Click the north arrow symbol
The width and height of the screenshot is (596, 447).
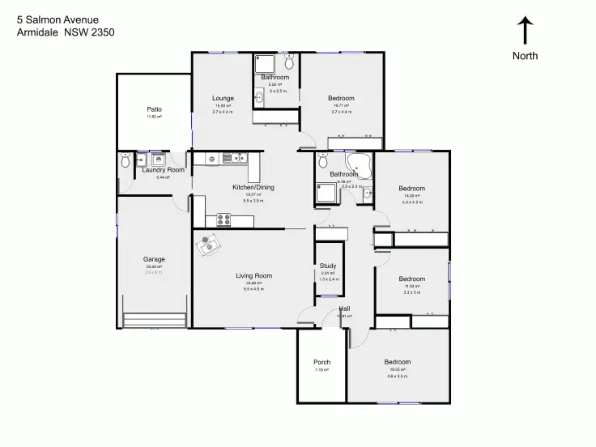pyautogui.click(x=525, y=31)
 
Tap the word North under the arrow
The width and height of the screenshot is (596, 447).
pyautogui.click(x=525, y=56)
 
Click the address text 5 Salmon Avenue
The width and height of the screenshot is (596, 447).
pyautogui.click(x=52, y=19)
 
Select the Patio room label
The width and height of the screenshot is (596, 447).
pyautogui.click(x=154, y=109)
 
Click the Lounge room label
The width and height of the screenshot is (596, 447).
pyautogui.click(x=223, y=99)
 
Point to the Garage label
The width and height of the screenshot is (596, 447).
pyautogui.click(x=154, y=259)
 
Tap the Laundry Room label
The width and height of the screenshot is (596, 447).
pyautogui.click(x=164, y=170)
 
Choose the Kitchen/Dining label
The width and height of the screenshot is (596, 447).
pyautogui.click(x=253, y=187)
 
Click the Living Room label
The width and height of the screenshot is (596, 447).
pyautogui.click(x=253, y=276)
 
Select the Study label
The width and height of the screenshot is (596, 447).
pyautogui.click(x=328, y=266)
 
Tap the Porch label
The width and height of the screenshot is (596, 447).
pyautogui.click(x=321, y=362)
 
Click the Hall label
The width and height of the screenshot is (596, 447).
pyautogui.click(x=344, y=309)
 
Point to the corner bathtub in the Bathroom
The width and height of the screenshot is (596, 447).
pyautogui.click(x=360, y=165)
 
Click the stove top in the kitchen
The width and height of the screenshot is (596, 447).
pyautogui.click(x=224, y=218)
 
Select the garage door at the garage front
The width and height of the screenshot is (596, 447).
pyautogui.click(x=155, y=319)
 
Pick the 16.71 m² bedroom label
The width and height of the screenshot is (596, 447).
pyautogui.click(x=340, y=99)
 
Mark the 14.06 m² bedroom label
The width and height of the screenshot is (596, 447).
pyautogui.click(x=411, y=189)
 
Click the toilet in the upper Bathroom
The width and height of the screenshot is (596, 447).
pyautogui.click(x=289, y=65)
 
